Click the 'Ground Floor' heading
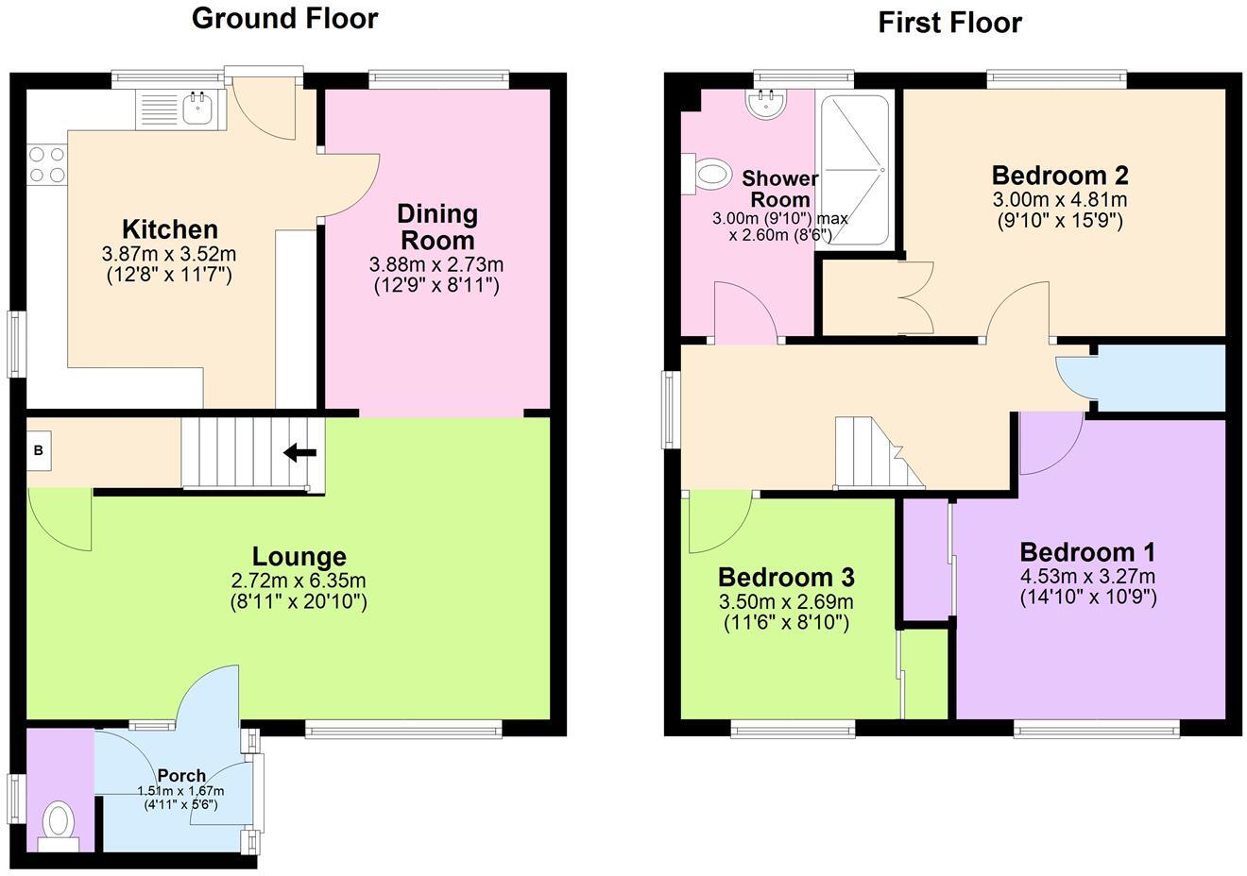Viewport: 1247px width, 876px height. pyautogui.click(x=284, y=18)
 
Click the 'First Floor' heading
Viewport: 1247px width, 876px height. pyautogui.click(x=949, y=22)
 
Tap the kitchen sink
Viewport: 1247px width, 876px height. pyautogui.click(x=198, y=109)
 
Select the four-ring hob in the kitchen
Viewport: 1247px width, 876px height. pyautogui.click(x=47, y=164)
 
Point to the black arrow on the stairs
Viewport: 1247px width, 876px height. pyautogui.click(x=300, y=453)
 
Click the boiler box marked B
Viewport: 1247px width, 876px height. pyautogui.click(x=39, y=451)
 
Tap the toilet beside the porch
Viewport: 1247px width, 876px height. pyautogui.click(x=59, y=822)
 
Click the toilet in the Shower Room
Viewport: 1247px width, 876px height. pyautogui.click(x=709, y=174)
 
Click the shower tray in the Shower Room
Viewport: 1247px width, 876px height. pyautogui.click(x=855, y=170)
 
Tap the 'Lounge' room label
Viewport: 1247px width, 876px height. pyautogui.click(x=299, y=557)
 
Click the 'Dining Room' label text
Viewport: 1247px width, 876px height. pyautogui.click(x=436, y=227)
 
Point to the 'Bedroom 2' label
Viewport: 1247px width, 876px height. pyautogui.click(x=1060, y=176)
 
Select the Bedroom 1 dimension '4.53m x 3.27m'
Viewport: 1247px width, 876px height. pyautogui.click(x=1087, y=577)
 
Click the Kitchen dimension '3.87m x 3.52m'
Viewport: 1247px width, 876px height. pyautogui.click(x=168, y=254)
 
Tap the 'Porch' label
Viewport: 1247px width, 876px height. pyautogui.click(x=181, y=775)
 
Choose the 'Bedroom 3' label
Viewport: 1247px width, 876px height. pyautogui.click(x=786, y=577)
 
